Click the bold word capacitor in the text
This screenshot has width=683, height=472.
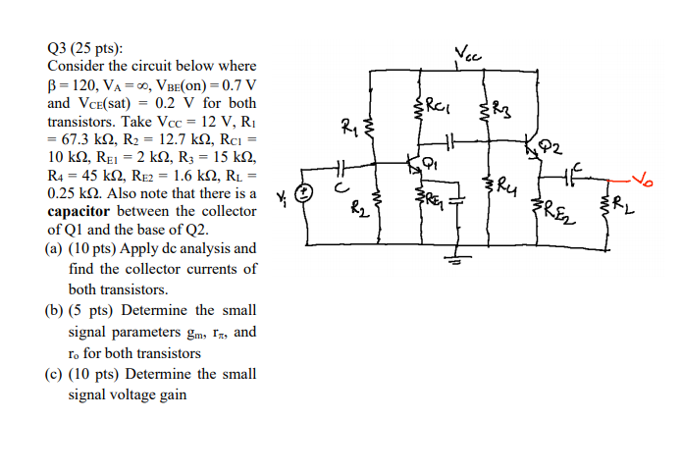pyautogui.click(x=85, y=211)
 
